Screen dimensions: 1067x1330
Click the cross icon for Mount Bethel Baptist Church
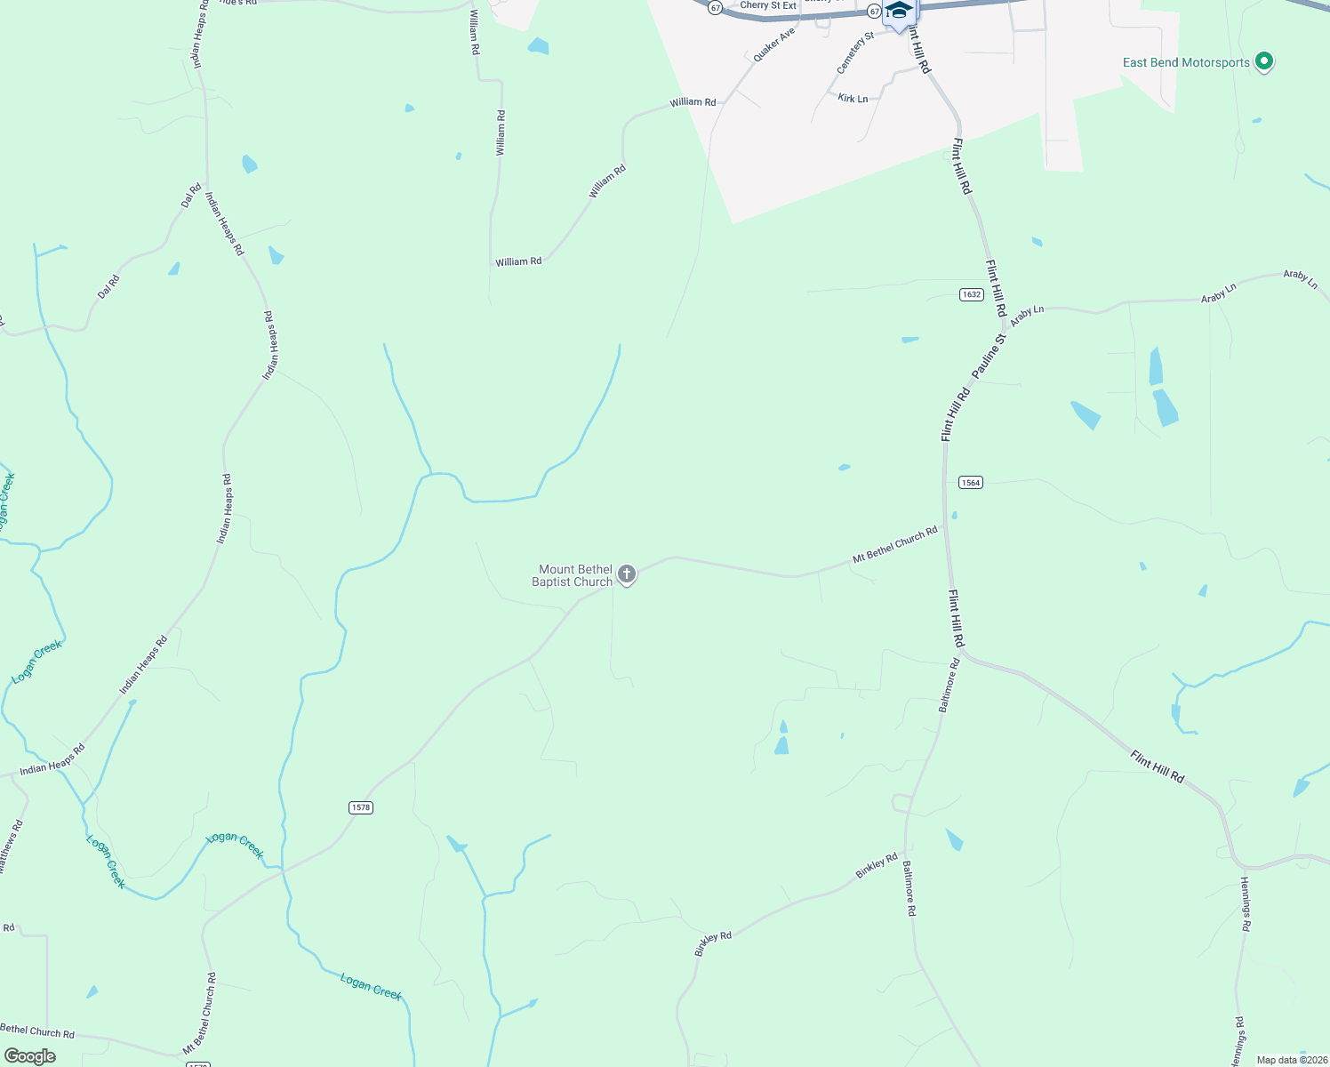pos(627,574)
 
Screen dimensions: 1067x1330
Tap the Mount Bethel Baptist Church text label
pos(573,575)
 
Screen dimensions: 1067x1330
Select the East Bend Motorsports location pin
pos(1264,62)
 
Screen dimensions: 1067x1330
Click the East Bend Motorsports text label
pos(1186,62)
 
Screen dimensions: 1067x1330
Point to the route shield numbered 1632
pos(971,294)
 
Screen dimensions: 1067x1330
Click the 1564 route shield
pos(970,483)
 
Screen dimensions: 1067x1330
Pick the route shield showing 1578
pos(360,807)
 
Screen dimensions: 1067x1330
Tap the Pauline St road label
pos(989,356)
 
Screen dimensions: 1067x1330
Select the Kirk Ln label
pos(853,99)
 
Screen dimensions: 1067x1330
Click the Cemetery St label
pos(855,53)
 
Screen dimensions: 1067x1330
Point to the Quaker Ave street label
pos(773,45)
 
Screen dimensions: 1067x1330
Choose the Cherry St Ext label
pos(768,5)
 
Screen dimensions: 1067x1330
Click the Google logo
pos(29,1056)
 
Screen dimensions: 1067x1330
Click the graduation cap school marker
pos(900,12)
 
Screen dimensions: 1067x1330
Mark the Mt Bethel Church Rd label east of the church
pos(894,545)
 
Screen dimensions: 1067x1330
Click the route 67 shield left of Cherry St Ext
pos(715,7)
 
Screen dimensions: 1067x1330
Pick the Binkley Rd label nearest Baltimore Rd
pos(877,866)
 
